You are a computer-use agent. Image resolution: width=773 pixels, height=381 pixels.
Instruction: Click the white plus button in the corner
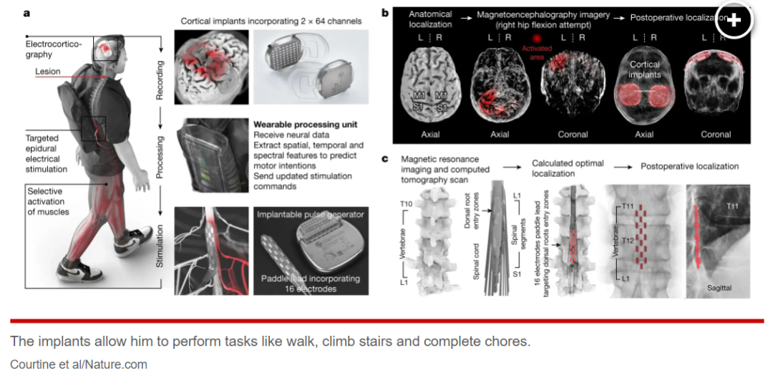coord(734,20)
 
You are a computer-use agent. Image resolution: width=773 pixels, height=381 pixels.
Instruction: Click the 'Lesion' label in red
coord(48,72)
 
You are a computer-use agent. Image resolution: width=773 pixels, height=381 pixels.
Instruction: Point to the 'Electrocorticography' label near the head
coord(54,49)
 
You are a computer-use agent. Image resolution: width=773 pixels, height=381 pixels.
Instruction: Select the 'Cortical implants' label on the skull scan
coord(644,69)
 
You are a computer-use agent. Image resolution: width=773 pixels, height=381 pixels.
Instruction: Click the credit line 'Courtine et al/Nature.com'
coord(79,365)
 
